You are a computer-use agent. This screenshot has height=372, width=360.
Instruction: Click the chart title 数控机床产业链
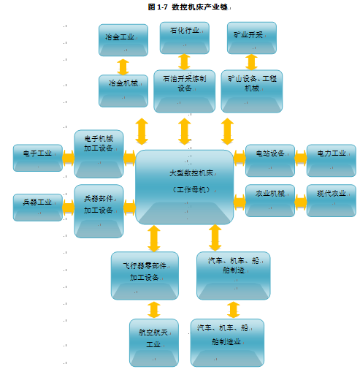189,7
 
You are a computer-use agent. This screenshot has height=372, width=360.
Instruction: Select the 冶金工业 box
123,40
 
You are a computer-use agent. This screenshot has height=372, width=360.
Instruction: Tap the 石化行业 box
185,38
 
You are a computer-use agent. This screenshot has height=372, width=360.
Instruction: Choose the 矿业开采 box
252,38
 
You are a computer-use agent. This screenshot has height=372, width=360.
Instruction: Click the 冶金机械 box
123,91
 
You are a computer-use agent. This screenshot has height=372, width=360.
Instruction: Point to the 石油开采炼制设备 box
185,91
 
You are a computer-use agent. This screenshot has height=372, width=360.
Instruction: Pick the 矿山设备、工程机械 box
252,91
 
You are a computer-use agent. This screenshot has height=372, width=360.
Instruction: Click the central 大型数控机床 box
185,187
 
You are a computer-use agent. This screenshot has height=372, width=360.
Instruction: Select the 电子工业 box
38,158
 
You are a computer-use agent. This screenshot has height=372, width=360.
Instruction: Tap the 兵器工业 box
38,208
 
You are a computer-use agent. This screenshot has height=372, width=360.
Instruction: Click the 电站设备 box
270,161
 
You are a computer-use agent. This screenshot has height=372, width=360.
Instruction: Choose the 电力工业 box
332,161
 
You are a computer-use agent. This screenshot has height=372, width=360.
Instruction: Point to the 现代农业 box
332,200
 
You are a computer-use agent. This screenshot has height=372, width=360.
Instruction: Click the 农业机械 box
270,200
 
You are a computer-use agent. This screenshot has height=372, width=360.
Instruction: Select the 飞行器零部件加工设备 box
145,276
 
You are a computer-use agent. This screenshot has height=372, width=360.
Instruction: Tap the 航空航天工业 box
154,343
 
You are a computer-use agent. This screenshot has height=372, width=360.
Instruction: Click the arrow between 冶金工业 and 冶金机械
123,67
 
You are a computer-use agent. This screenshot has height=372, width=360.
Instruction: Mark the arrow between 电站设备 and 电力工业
301,158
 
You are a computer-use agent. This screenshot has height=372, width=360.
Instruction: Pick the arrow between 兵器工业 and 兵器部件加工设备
69,208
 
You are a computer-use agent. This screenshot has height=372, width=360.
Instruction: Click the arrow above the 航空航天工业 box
154,310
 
